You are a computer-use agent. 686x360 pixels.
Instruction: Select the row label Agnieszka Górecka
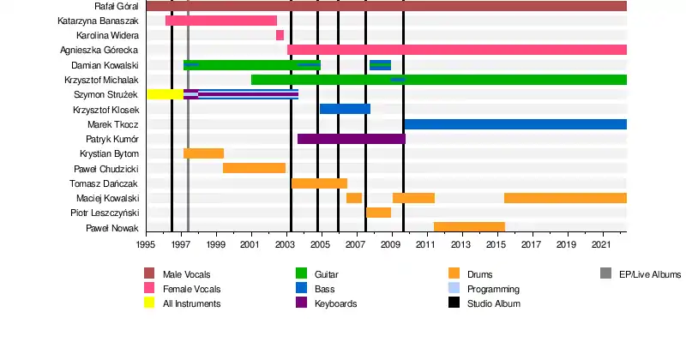[x=100, y=51]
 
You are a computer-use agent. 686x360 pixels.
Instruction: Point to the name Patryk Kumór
[x=112, y=139]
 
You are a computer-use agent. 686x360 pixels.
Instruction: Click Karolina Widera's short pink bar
[x=280, y=35]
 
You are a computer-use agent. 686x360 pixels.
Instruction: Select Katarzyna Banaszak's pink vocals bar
[x=221, y=21]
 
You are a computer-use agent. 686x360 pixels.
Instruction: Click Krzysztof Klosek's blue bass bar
[x=345, y=109]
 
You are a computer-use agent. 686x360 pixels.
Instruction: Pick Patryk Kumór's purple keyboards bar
[x=351, y=139]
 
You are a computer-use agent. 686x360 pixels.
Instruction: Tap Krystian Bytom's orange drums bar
[x=203, y=153]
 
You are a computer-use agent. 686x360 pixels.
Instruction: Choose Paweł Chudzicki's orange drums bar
[x=254, y=168]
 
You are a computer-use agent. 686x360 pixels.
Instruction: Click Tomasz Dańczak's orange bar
[x=319, y=183]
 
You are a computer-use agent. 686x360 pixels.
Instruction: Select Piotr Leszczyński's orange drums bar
[x=378, y=212]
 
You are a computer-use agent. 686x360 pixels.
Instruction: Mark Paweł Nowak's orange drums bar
[x=469, y=226]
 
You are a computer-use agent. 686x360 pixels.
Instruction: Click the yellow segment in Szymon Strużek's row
[x=165, y=93]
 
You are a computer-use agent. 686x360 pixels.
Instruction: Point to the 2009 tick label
[x=391, y=245]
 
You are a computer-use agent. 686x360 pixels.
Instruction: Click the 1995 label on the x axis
[x=146, y=245]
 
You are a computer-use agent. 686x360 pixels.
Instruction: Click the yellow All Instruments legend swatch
[x=149, y=303]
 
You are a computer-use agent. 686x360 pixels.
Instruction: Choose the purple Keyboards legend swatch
[x=301, y=303]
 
